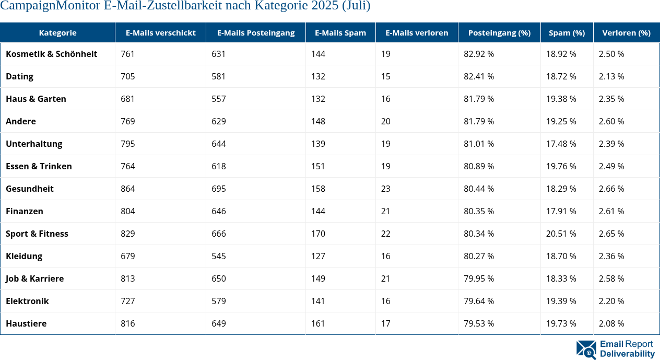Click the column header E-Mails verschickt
160,32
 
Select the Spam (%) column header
567,32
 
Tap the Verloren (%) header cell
626,32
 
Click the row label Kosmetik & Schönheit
51,54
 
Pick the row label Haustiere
26,323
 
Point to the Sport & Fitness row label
37,234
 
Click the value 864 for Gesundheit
128,189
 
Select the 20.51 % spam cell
561,234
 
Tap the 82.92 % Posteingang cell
478,54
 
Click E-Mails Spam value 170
318,234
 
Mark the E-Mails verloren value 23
385,189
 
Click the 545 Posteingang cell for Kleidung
219,256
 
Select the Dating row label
19,76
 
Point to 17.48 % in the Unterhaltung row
561,144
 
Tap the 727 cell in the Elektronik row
128,301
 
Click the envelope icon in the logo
586,350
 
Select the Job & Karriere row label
34,278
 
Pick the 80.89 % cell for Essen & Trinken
478,166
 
